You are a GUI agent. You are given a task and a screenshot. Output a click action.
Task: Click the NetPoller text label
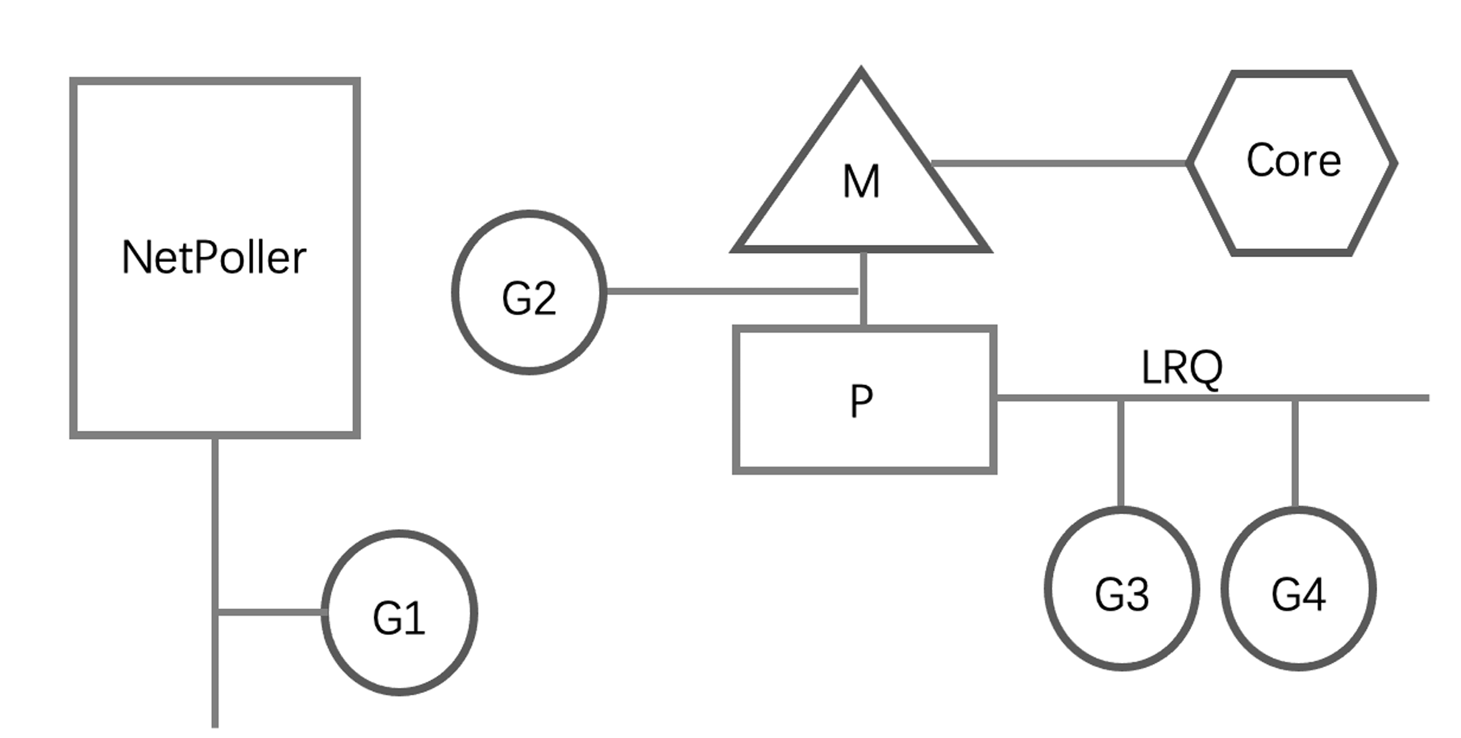pyautogui.click(x=214, y=259)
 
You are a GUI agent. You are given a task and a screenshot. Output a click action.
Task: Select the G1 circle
pyautogui.click(x=399, y=612)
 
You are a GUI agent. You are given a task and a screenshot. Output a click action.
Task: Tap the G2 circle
pyautogui.click(x=529, y=292)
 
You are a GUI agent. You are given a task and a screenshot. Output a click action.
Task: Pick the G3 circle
pyautogui.click(x=1122, y=588)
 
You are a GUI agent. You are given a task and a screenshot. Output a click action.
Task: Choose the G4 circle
pyautogui.click(x=1298, y=588)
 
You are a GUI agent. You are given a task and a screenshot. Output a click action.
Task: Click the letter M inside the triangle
pyautogui.click(x=861, y=182)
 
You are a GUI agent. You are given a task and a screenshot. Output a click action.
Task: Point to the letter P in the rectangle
pyautogui.click(x=861, y=400)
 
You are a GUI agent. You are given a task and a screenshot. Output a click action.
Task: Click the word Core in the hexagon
pyautogui.click(x=1293, y=160)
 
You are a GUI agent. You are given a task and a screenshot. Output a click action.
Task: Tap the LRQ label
pyautogui.click(x=1182, y=368)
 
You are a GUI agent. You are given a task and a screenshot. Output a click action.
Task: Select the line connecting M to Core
pyautogui.click(x=1059, y=164)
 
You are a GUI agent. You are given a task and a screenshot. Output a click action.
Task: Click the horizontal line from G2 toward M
pyautogui.click(x=730, y=291)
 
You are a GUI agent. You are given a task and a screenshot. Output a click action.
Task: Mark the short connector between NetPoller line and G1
pyautogui.click(x=271, y=612)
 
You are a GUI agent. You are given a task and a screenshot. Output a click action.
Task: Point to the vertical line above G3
pyautogui.click(x=1121, y=451)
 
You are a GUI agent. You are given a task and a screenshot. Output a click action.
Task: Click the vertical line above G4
pyautogui.click(x=1295, y=451)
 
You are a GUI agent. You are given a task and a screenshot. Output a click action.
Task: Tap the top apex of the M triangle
pyautogui.click(x=861, y=73)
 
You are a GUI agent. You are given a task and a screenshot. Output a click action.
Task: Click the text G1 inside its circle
pyautogui.click(x=399, y=619)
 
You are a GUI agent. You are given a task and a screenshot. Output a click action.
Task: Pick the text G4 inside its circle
pyautogui.click(x=1298, y=595)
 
